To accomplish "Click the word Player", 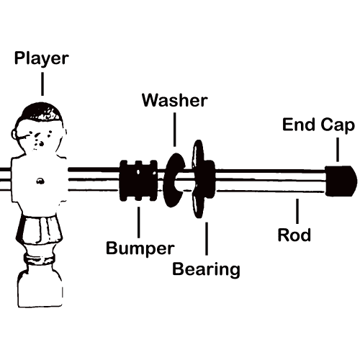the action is pyautogui.click(x=42, y=58).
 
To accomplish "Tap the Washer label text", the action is pyautogui.click(x=175, y=100).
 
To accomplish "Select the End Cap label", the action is pyautogui.click(x=318, y=125).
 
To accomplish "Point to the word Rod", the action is pyautogui.click(x=294, y=235).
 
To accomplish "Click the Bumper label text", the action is pyautogui.click(x=140, y=248).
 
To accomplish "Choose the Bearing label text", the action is pyautogui.click(x=206, y=269).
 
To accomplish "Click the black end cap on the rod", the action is pyautogui.click(x=341, y=181).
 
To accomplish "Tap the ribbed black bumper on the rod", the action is pyautogui.click(x=138, y=181).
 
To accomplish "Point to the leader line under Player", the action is pyautogui.click(x=42, y=84).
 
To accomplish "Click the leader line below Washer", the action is pyautogui.click(x=175, y=130).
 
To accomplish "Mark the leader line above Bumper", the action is pyautogui.click(x=138, y=222).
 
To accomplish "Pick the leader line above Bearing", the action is pyautogui.click(x=207, y=238).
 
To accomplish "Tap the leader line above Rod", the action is pyautogui.click(x=297, y=211).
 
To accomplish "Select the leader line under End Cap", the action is pyautogui.click(x=338, y=150).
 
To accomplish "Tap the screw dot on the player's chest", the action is pyautogui.click(x=40, y=181).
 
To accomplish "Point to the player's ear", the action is pyautogui.click(x=14, y=135).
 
